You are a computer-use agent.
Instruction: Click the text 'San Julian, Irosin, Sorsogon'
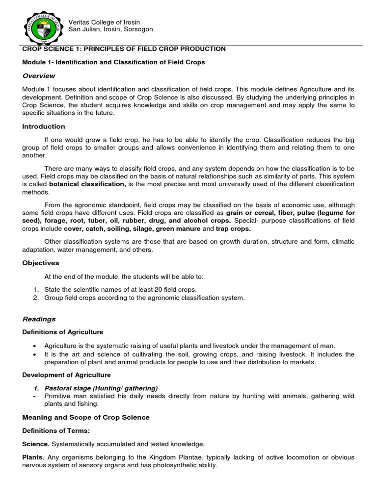110,29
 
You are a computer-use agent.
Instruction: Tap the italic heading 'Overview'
39,76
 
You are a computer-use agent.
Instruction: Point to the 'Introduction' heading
44,126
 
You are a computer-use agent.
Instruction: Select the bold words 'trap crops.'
234,229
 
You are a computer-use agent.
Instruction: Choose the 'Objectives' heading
41,263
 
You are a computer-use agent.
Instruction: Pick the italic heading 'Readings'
39,319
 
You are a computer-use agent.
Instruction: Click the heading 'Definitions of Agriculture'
63,333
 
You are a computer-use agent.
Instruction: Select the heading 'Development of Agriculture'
67,375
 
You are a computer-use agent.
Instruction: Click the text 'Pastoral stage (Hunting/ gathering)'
101,388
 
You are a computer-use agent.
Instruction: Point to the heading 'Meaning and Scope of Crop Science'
86,417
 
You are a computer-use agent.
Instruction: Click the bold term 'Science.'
36,444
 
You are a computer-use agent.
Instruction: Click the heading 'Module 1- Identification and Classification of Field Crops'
113,63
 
